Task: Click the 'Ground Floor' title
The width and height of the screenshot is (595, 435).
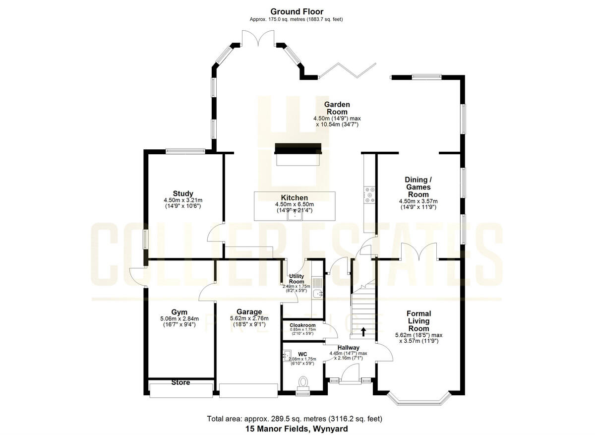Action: click(x=297, y=11)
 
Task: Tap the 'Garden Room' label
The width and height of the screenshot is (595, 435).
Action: click(x=337, y=108)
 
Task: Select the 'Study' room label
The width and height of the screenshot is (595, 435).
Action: click(x=183, y=193)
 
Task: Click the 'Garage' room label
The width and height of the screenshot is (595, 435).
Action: click(x=249, y=311)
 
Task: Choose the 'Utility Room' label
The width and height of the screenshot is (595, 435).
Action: click(x=296, y=279)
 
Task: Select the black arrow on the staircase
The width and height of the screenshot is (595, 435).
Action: click(x=364, y=331)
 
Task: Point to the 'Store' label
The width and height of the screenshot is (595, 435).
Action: click(x=180, y=382)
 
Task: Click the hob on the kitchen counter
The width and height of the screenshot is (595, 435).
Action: click(x=369, y=195)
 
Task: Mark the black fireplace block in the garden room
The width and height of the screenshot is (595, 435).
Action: click(x=298, y=148)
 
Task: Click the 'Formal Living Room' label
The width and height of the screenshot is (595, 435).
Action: click(x=418, y=321)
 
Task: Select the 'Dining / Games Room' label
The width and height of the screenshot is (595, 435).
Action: click(x=418, y=187)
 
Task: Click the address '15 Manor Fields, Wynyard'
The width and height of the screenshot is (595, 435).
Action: click(x=297, y=428)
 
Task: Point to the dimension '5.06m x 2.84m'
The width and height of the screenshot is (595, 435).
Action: click(x=179, y=318)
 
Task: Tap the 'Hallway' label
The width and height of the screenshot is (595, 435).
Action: click(x=349, y=347)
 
